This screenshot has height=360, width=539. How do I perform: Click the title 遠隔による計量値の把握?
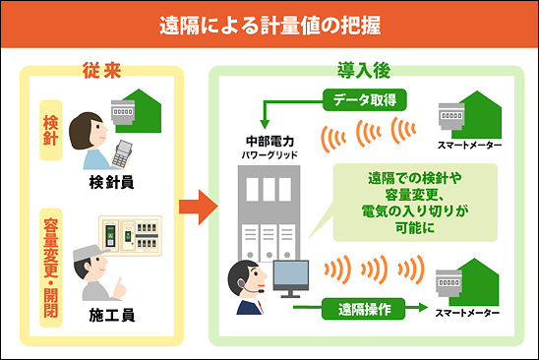click(x=269, y=26)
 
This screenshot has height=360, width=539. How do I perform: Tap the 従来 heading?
click(x=101, y=71)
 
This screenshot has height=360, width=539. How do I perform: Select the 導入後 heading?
click(x=364, y=71)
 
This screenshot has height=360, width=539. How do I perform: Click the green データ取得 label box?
click(x=364, y=100)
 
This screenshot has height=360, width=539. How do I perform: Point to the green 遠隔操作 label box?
click(x=363, y=309)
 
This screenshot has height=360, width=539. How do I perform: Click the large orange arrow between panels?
click(x=199, y=207)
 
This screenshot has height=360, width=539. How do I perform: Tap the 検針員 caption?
click(x=112, y=183)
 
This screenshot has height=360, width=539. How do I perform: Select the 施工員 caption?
click(x=112, y=315)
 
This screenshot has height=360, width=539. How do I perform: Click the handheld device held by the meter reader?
click(x=122, y=153)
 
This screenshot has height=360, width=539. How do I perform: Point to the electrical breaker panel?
click(x=130, y=235)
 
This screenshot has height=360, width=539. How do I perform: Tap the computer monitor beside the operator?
click(x=291, y=278)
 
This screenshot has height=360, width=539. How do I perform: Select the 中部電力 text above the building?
click(x=269, y=141)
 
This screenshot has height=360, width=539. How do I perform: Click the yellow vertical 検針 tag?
click(x=51, y=130)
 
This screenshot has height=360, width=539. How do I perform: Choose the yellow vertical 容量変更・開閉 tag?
click(x=51, y=268)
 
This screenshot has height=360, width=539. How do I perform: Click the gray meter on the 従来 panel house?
click(x=123, y=112)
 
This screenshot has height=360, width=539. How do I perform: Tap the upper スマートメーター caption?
click(x=469, y=146)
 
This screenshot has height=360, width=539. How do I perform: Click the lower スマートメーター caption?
click(x=467, y=313)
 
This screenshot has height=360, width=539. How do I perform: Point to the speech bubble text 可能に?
click(x=415, y=227)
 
